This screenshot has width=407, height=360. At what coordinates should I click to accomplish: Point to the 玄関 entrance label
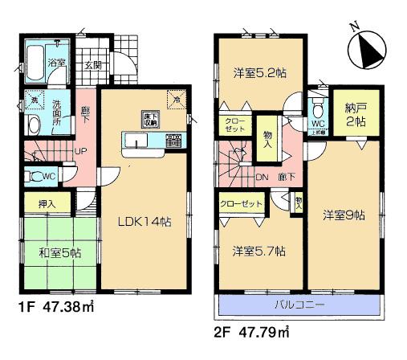coord(92,65)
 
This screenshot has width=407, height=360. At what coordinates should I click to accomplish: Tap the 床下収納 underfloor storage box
coord(149,118)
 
